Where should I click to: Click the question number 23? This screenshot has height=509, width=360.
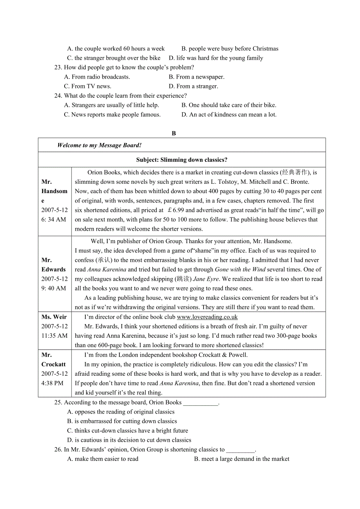pyautogui.click(x=58, y=68)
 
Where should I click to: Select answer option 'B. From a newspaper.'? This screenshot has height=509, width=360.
pyautogui.click(x=196, y=77)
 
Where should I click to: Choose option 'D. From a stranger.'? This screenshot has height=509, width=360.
pyautogui.click(x=193, y=86)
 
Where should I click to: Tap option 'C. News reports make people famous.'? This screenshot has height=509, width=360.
pyautogui.click(x=112, y=115)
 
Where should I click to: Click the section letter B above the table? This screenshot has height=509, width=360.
pyautogui.click(x=174, y=133)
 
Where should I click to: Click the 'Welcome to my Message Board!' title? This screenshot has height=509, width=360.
pyautogui.click(x=99, y=145)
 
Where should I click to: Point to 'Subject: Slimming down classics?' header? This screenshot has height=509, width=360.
pyautogui.click(x=182, y=160)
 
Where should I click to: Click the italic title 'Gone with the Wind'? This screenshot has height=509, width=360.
pyautogui.click(x=240, y=269)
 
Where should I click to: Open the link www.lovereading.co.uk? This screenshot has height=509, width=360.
pyautogui.click(x=207, y=317)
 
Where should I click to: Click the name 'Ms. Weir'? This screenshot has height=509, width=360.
pyautogui.click(x=54, y=317)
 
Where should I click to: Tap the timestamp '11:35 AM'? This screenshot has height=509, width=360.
pyautogui.click(x=54, y=335)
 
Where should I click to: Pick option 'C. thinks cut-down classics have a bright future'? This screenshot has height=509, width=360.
pyautogui.click(x=128, y=430)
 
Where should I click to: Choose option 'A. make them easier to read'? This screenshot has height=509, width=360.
pyautogui.click(x=103, y=459)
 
